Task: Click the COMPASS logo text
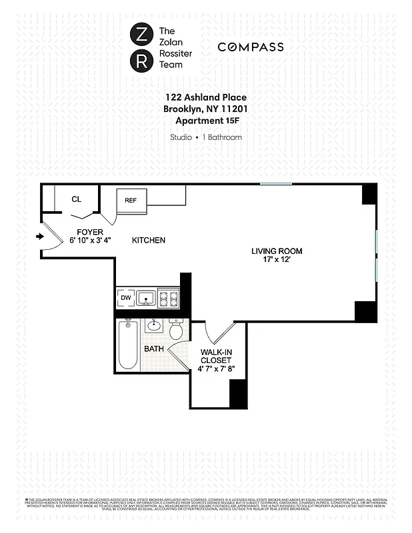coord(250,47)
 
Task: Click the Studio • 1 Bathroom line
coord(205,137)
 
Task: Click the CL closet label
coord(76,199)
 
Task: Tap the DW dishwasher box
coord(125,298)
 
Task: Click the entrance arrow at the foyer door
coord(39,236)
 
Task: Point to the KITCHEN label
coord(148,240)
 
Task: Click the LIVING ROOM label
coord(277,251)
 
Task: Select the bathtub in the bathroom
coord(127,345)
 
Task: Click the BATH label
coord(153,348)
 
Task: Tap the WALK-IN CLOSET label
coord(216,360)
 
